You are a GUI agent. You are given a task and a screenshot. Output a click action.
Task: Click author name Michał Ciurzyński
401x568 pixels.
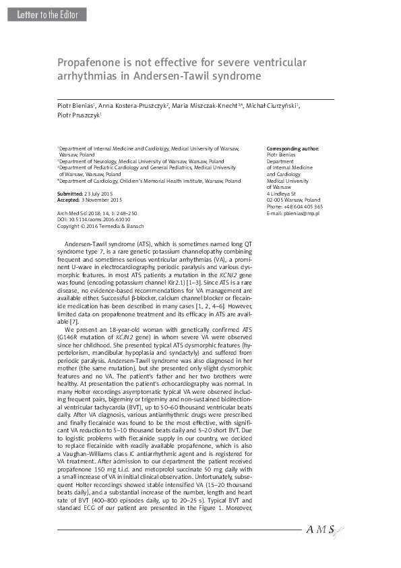pyautogui.click(x=274, y=107)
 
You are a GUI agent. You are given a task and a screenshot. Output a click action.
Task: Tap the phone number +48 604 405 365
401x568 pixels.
pyautogui.click(x=295, y=206)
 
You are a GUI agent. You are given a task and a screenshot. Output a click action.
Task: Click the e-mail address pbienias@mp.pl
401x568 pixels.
pyautogui.click(x=293, y=213)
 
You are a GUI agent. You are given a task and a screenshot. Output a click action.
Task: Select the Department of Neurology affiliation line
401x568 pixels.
pyautogui.click(x=141, y=162)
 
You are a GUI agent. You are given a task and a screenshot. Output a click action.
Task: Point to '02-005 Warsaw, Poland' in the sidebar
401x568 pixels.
pyautogui.click(x=293, y=200)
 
